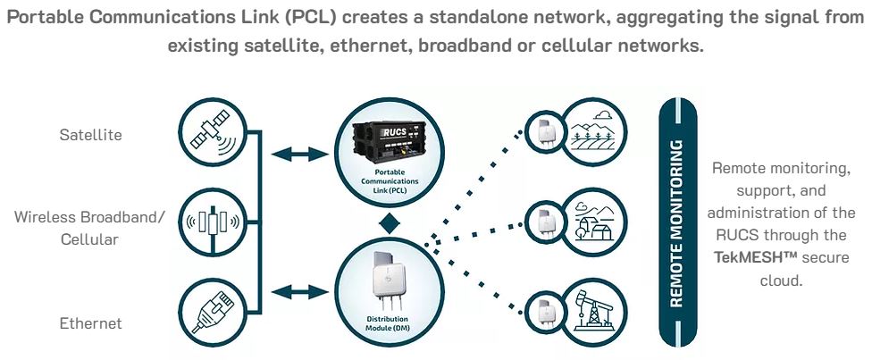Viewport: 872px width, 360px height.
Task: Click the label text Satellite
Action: click(90, 135)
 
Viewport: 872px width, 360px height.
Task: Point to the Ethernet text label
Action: click(90, 322)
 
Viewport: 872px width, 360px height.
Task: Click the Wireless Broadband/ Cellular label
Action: click(89, 228)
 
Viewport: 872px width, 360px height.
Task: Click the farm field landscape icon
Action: click(591, 130)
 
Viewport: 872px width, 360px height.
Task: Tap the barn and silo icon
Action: click(591, 221)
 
